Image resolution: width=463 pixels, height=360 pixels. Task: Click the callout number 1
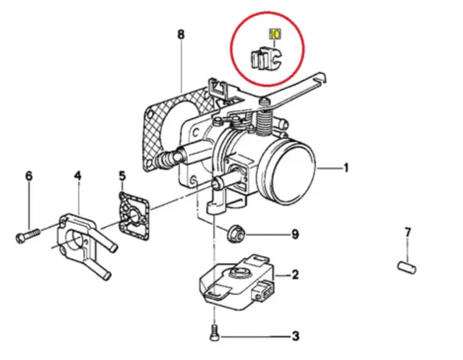pyautogui.click(x=346, y=168)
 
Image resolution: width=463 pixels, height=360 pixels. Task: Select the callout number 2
pyautogui.click(x=295, y=274)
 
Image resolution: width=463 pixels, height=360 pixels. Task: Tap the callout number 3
pyautogui.click(x=295, y=336)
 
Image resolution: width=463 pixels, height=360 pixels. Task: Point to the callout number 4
pyautogui.click(x=77, y=176)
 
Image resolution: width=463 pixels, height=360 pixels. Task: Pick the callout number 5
pyautogui.click(x=122, y=176)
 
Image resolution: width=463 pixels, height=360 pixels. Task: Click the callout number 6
pyautogui.click(x=28, y=176)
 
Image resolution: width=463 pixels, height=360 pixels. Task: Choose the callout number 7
pyautogui.click(x=408, y=232)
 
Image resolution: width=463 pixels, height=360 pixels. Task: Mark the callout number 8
pyautogui.click(x=180, y=34)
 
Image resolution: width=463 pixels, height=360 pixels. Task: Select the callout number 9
pyautogui.click(x=295, y=234)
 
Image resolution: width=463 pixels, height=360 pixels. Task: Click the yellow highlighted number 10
pyautogui.click(x=274, y=34)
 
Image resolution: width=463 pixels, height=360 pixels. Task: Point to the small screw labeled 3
pyautogui.click(x=214, y=333)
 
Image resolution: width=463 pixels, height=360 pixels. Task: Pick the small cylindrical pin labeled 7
pyautogui.click(x=406, y=267)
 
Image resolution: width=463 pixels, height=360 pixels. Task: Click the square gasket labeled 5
pyautogui.click(x=133, y=216)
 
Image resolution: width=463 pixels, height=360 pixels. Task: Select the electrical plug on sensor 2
pyautogui.click(x=263, y=290)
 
